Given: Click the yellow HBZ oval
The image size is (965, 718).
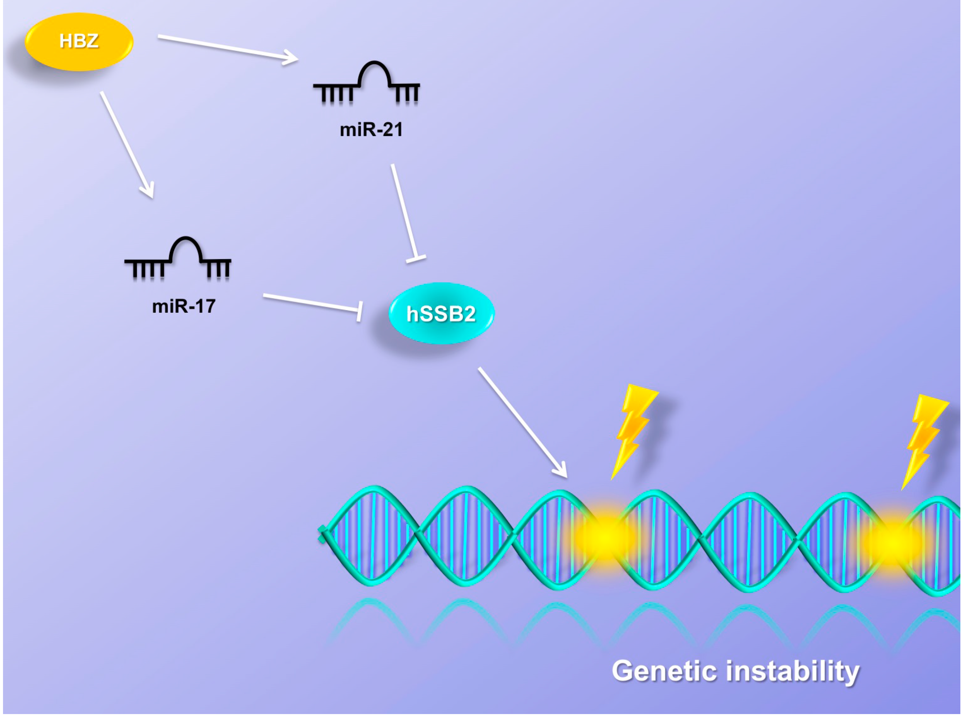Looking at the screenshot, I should point(79,42).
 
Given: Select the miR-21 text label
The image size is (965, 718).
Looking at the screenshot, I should point(371,130).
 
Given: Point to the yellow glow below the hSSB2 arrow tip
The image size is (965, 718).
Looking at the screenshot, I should point(604,537).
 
